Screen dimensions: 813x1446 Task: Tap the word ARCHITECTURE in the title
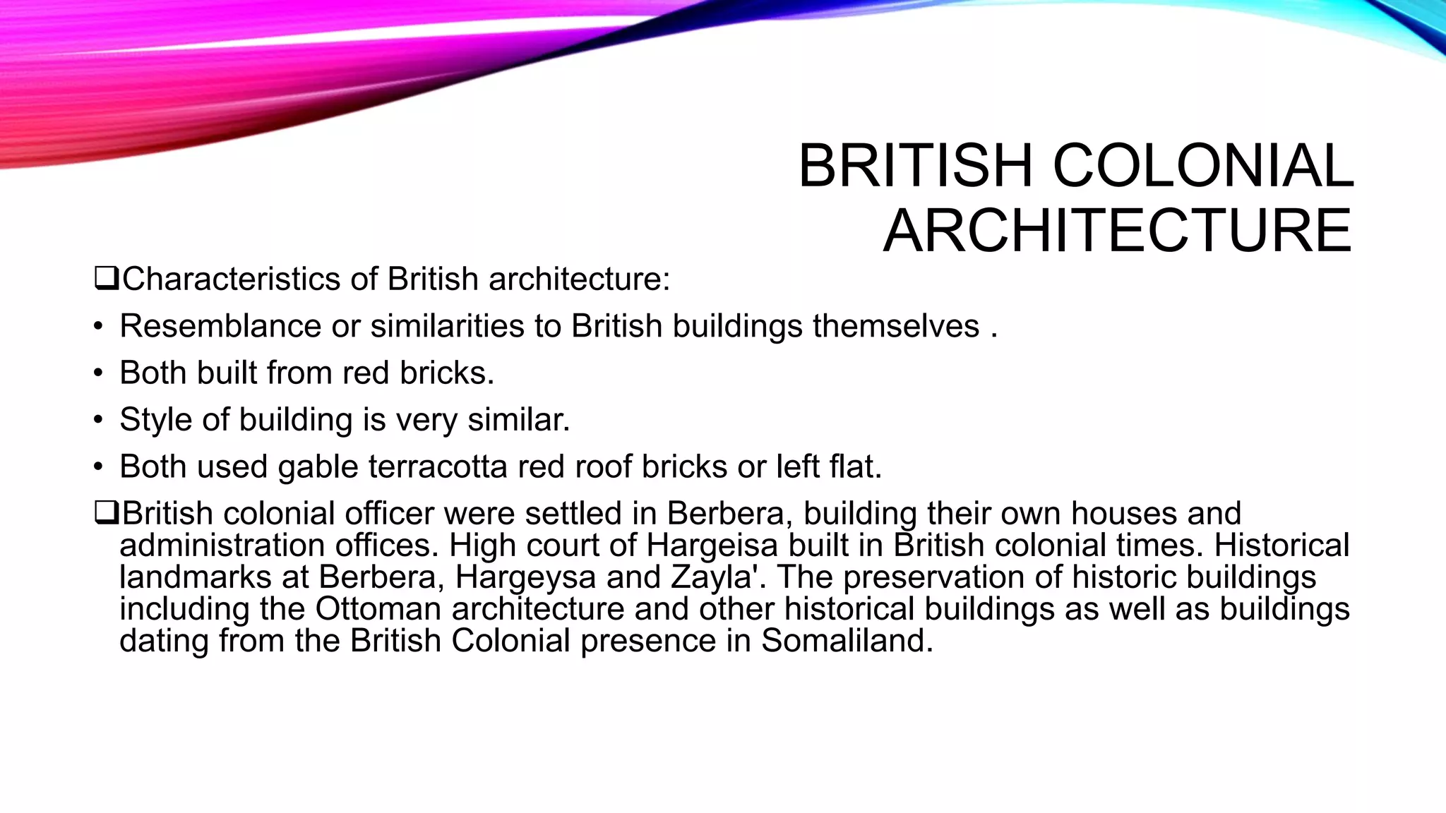(x=1117, y=231)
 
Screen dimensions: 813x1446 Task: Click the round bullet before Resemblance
(x=99, y=327)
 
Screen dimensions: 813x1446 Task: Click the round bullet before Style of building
(x=99, y=421)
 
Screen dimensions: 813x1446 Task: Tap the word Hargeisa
(x=712, y=546)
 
